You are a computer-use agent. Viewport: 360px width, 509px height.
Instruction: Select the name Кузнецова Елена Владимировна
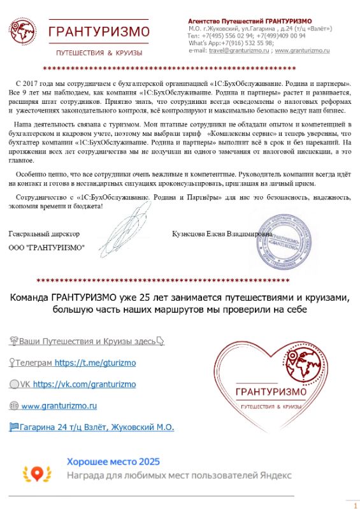pyautogui.click(x=217, y=234)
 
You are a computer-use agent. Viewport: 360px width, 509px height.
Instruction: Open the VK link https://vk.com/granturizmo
pyautogui.click(x=84, y=384)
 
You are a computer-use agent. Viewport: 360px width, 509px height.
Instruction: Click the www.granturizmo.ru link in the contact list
pyautogui.click(x=59, y=405)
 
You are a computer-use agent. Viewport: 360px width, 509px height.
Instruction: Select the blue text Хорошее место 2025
pyautogui.click(x=113, y=461)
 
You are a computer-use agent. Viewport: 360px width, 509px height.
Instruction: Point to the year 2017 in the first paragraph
pyautogui.click(x=40, y=83)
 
